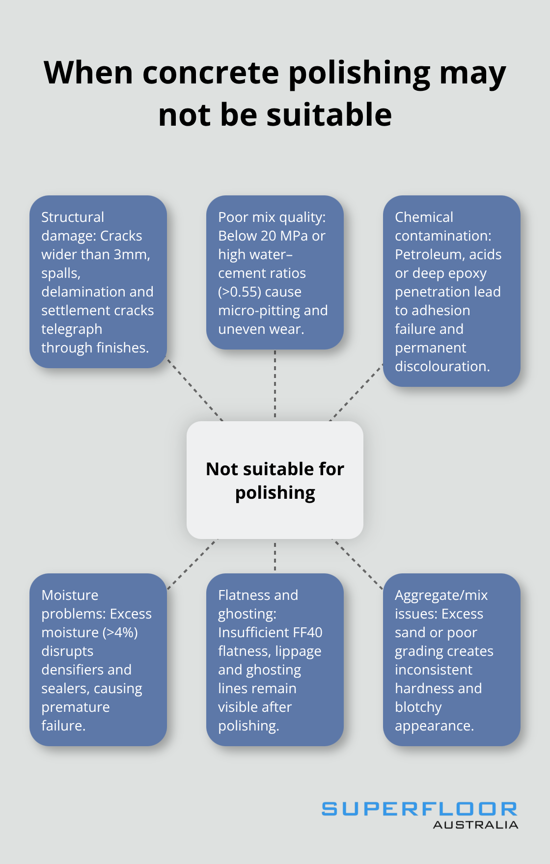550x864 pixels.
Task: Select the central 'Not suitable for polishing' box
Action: (275, 480)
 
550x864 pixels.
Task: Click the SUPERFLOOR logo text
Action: (419, 809)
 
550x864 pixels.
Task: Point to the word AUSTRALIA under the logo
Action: (475, 825)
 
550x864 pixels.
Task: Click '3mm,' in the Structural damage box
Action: (132, 254)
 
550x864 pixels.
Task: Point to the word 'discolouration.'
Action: (442, 366)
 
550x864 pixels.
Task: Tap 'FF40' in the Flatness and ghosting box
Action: (307, 632)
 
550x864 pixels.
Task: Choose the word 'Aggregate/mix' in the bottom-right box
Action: (441, 595)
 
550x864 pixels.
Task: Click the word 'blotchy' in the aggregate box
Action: (418, 707)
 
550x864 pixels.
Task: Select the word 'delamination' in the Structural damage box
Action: (77, 292)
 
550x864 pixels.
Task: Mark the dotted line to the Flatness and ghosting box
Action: (275, 556)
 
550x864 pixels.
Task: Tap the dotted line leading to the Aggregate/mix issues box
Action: (357, 564)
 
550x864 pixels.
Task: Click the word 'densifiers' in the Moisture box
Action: (73, 670)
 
